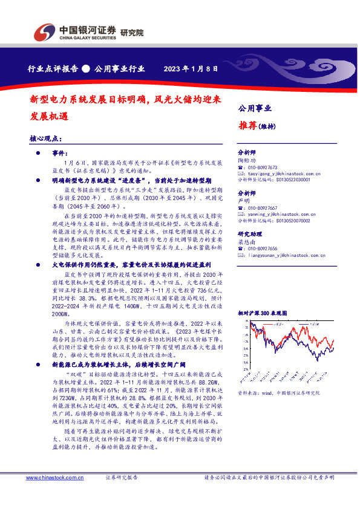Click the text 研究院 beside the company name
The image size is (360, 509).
point(133,33)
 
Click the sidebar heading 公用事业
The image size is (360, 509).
point(255,109)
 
